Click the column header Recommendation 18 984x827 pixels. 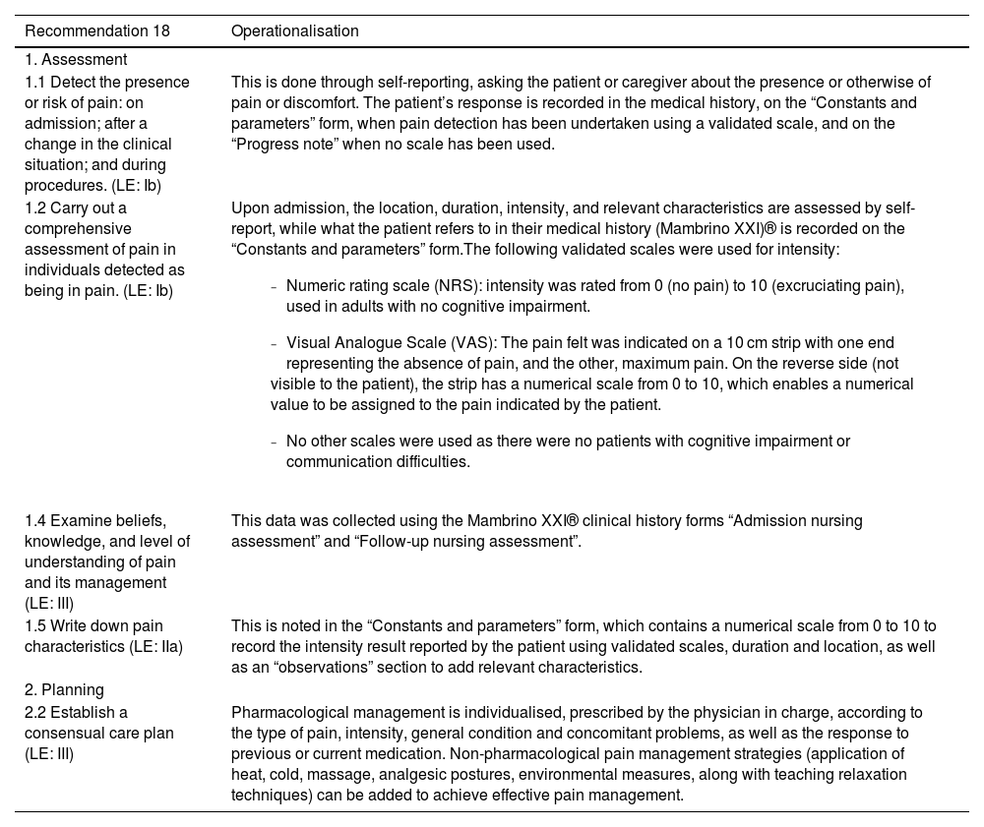point(97,30)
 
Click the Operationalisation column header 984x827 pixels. point(295,30)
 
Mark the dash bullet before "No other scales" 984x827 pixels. point(274,442)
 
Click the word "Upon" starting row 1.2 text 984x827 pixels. point(248,207)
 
